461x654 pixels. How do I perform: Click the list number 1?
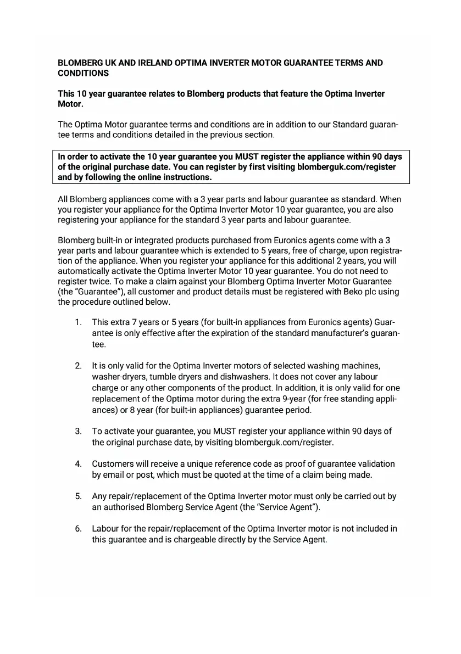pyautogui.click(x=79, y=322)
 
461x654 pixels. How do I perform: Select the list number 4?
pyautogui.click(x=79, y=464)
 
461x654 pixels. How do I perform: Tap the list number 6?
pyautogui.click(x=79, y=529)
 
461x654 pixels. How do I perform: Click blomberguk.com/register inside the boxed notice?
pyautogui.click(x=346, y=167)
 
